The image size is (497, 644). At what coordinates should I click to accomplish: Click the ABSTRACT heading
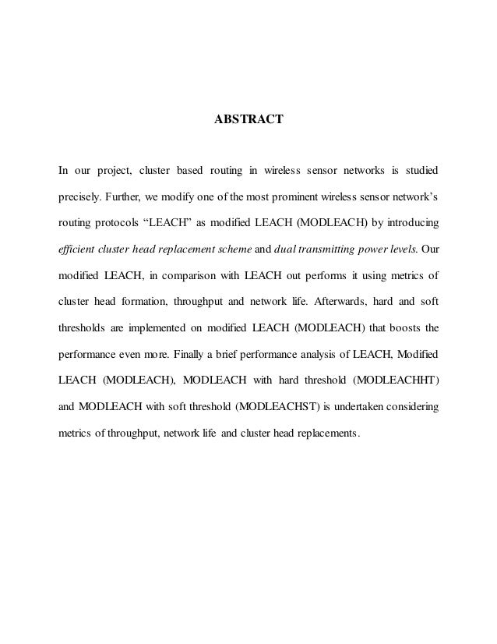pyautogui.click(x=248, y=121)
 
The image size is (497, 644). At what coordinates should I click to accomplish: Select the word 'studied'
pyautogui.click(x=418, y=170)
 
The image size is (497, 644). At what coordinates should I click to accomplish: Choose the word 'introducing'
pyautogui.click(x=410, y=223)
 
